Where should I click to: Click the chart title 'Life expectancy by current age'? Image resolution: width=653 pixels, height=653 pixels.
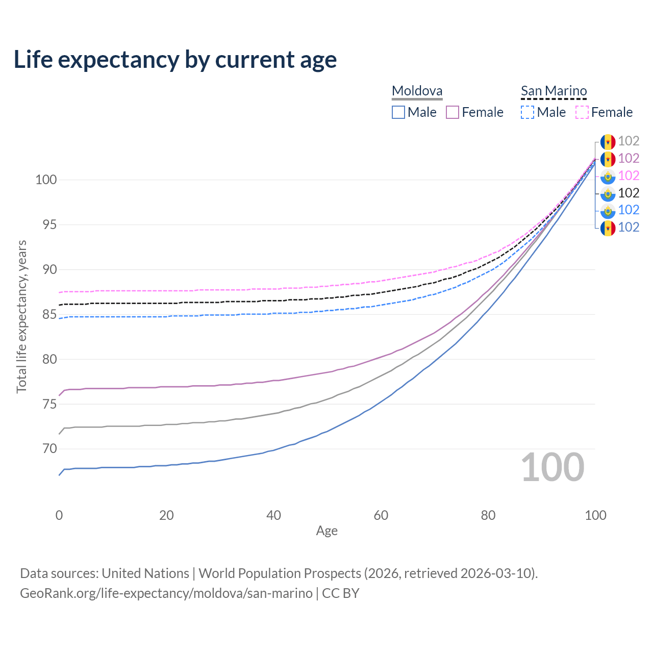[x=175, y=60]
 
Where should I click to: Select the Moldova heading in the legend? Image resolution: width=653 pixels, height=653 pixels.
[x=417, y=91]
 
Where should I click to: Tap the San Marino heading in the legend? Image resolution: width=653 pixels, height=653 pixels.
[x=554, y=91]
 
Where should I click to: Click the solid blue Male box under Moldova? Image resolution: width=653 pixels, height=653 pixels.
[x=398, y=112]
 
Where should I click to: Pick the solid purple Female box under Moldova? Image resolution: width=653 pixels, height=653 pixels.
[x=453, y=112]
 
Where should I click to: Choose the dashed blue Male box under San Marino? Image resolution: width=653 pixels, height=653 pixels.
[x=528, y=112]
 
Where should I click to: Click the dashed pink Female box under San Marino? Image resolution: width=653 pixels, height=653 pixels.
[x=582, y=112]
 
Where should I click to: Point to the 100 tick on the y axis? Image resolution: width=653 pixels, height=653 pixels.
[x=46, y=180]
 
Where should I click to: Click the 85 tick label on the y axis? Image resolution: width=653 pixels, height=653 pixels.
[x=49, y=315]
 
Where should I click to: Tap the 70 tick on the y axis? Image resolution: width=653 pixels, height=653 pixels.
[x=49, y=449]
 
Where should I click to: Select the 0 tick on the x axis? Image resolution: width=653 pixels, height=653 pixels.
[x=59, y=515]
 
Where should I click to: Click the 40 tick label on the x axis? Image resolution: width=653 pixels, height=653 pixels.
[x=273, y=515]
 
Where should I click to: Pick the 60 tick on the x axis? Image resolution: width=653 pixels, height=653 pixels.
[x=381, y=515]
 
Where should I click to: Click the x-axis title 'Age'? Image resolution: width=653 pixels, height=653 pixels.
[x=326, y=531]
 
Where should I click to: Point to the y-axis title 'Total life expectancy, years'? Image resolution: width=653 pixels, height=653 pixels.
[x=21, y=317]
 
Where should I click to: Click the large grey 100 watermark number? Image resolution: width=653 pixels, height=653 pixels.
[x=552, y=467]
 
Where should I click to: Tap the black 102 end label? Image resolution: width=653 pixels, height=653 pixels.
[x=629, y=193]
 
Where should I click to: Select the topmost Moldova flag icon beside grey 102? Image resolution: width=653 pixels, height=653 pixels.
[x=608, y=141]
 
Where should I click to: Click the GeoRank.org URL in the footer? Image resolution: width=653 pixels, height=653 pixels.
[x=166, y=593]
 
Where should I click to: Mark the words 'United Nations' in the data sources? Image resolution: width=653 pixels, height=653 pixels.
[x=145, y=573]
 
